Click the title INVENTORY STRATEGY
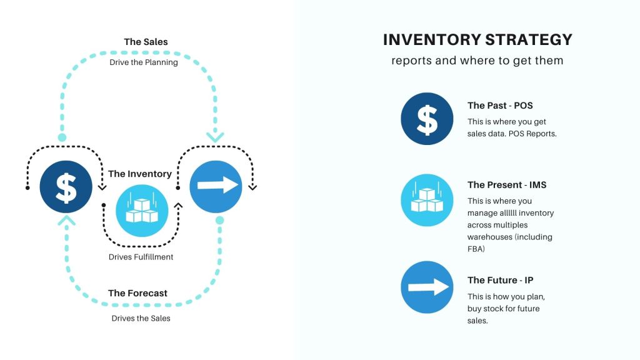click(477, 40)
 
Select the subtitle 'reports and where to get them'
click(477, 61)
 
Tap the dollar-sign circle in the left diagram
click(66, 186)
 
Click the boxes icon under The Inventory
click(142, 210)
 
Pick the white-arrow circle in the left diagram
click(216, 186)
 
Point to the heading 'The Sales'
click(146, 42)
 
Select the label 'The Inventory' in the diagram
click(140, 174)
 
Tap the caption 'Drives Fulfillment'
click(141, 257)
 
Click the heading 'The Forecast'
click(137, 293)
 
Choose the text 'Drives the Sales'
click(141, 318)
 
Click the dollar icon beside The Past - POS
click(427, 119)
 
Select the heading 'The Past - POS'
click(500, 106)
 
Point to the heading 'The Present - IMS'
click(507, 185)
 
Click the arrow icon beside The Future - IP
click(427, 287)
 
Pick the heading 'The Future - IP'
click(500, 280)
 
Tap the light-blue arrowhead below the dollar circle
click(66, 220)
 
